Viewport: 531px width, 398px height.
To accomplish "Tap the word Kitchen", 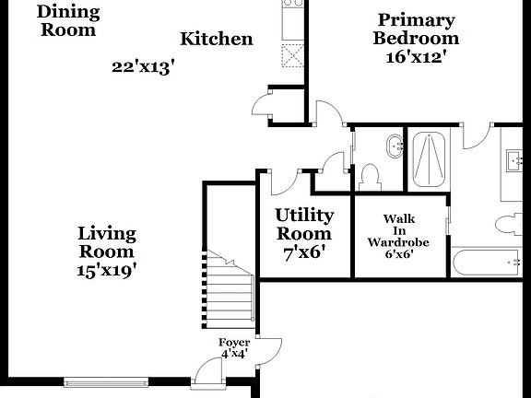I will click(216, 39).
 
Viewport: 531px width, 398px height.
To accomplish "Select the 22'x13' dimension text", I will click(143, 66).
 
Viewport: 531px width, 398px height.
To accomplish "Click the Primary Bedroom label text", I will click(416, 29).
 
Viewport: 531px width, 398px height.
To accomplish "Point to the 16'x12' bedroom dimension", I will click(417, 56).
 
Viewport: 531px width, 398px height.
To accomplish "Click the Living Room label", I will click(107, 242).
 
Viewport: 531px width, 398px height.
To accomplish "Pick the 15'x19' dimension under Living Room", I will click(107, 270).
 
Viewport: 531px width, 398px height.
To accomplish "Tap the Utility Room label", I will click(304, 224).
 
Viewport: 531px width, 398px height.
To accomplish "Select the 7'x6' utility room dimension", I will click(304, 252).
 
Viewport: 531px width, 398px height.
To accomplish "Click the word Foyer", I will click(234, 342).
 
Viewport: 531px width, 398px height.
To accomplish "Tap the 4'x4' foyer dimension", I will click(234, 353).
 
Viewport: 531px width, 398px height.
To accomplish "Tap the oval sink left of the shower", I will click(395, 144).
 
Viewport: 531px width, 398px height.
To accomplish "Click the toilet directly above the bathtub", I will click(506, 224).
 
